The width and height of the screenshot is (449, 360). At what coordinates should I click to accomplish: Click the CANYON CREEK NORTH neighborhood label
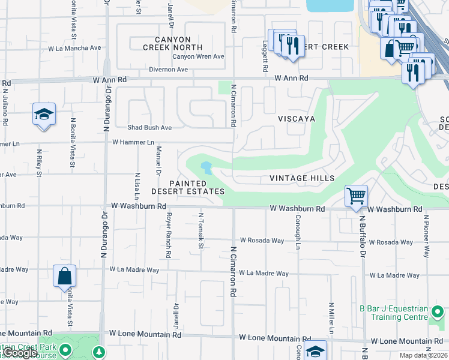pyautogui.click(x=172, y=43)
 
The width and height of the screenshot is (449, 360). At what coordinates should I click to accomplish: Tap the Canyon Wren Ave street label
pyautogui.click(x=198, y=57)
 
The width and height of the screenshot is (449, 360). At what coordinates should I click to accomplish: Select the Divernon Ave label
pyautogui.click(x=169, y=70)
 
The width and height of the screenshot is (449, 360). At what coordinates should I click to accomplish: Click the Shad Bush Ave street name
pyautogui.click(x=149, y=127)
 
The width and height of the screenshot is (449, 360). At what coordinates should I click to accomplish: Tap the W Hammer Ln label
pyautogui.click(x=133, y=142)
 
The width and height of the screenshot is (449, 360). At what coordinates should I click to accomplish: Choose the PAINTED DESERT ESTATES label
pyautogui.click(x=187, y=187)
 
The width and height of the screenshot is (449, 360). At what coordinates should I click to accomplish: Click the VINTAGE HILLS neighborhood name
pyautogui.click(x=302, y=178)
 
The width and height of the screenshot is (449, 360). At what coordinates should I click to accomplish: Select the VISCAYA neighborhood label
pyautogui.click(x=296, y=119)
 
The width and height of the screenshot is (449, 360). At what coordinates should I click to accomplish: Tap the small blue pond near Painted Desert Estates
pyautogui.click(x=206, y=168)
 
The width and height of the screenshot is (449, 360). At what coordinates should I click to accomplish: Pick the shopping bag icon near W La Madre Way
pyautogui.click(x=65, y=277)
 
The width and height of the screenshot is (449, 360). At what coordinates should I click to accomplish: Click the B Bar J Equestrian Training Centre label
pyautogui.click(x=393, y=313)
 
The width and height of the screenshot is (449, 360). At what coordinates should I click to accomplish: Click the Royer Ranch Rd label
pyautogui.click(x=169, y=235)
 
